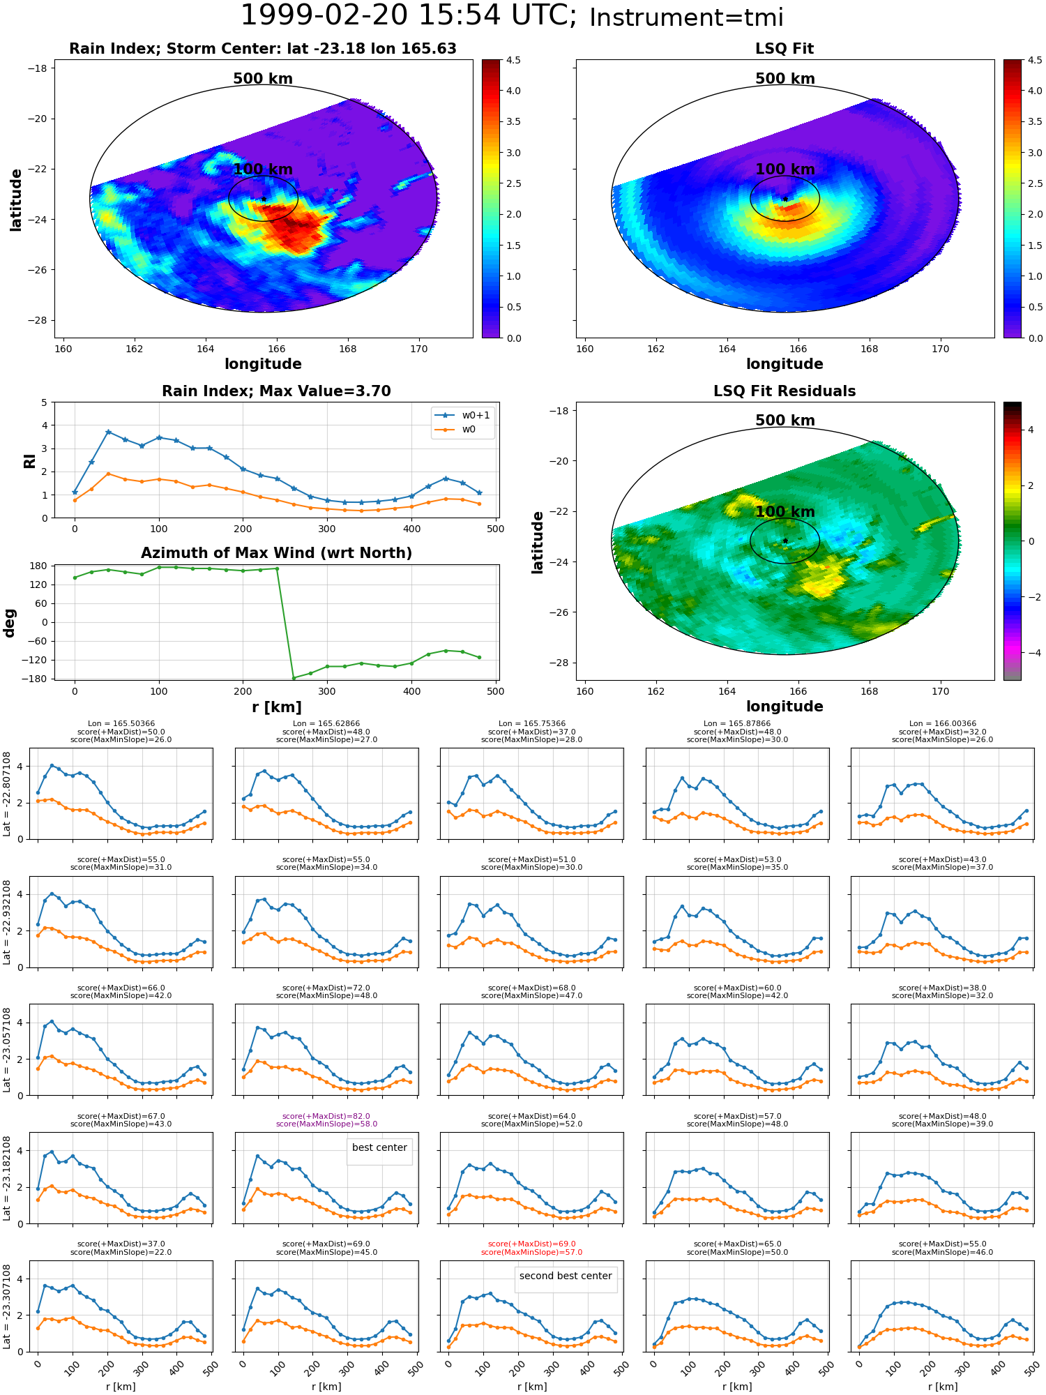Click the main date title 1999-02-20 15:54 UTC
(x=409, y=16)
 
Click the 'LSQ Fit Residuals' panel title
(x=784, y=391)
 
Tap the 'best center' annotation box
(x=379, y=1147)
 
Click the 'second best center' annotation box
(x=566, y=1276)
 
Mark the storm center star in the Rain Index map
(x=264, y=199)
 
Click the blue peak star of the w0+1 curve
(x=108, y=432)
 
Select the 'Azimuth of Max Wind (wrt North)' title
(x=276, y=553)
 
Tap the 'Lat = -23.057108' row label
(x=7, y=1050)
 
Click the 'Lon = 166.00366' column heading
(x=942, y=724)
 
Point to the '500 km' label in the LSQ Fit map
(x=785, y=79)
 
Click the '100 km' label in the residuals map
(x=785, y=512)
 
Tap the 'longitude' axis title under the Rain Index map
(x=263, y=364)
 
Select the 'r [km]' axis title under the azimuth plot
(x=277, y=707)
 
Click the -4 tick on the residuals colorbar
(x=1031, y=653)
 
